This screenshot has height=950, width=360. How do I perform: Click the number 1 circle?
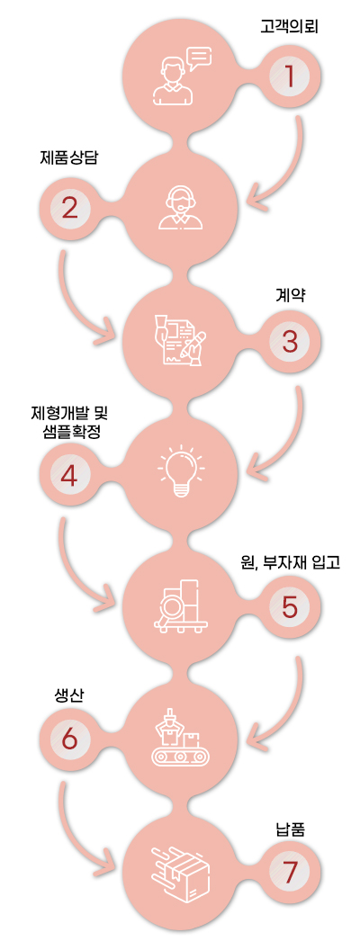[x=289, y=76]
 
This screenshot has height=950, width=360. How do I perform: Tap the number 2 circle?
[x=69, y=210]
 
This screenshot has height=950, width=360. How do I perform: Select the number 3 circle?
[x=289, y=343]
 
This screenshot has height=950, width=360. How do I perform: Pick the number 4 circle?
[x=69, y=475]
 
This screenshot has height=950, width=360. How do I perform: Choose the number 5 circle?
[x=289, y=607]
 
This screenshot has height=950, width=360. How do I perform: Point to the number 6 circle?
[x=69, y=739]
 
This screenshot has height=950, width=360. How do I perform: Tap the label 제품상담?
[x=68, y=159]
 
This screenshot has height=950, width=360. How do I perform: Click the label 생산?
[x=66, y=695]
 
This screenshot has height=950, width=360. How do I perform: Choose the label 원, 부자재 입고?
[x=289, y=563]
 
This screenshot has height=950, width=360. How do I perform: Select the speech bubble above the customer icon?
[x=200, y=58]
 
